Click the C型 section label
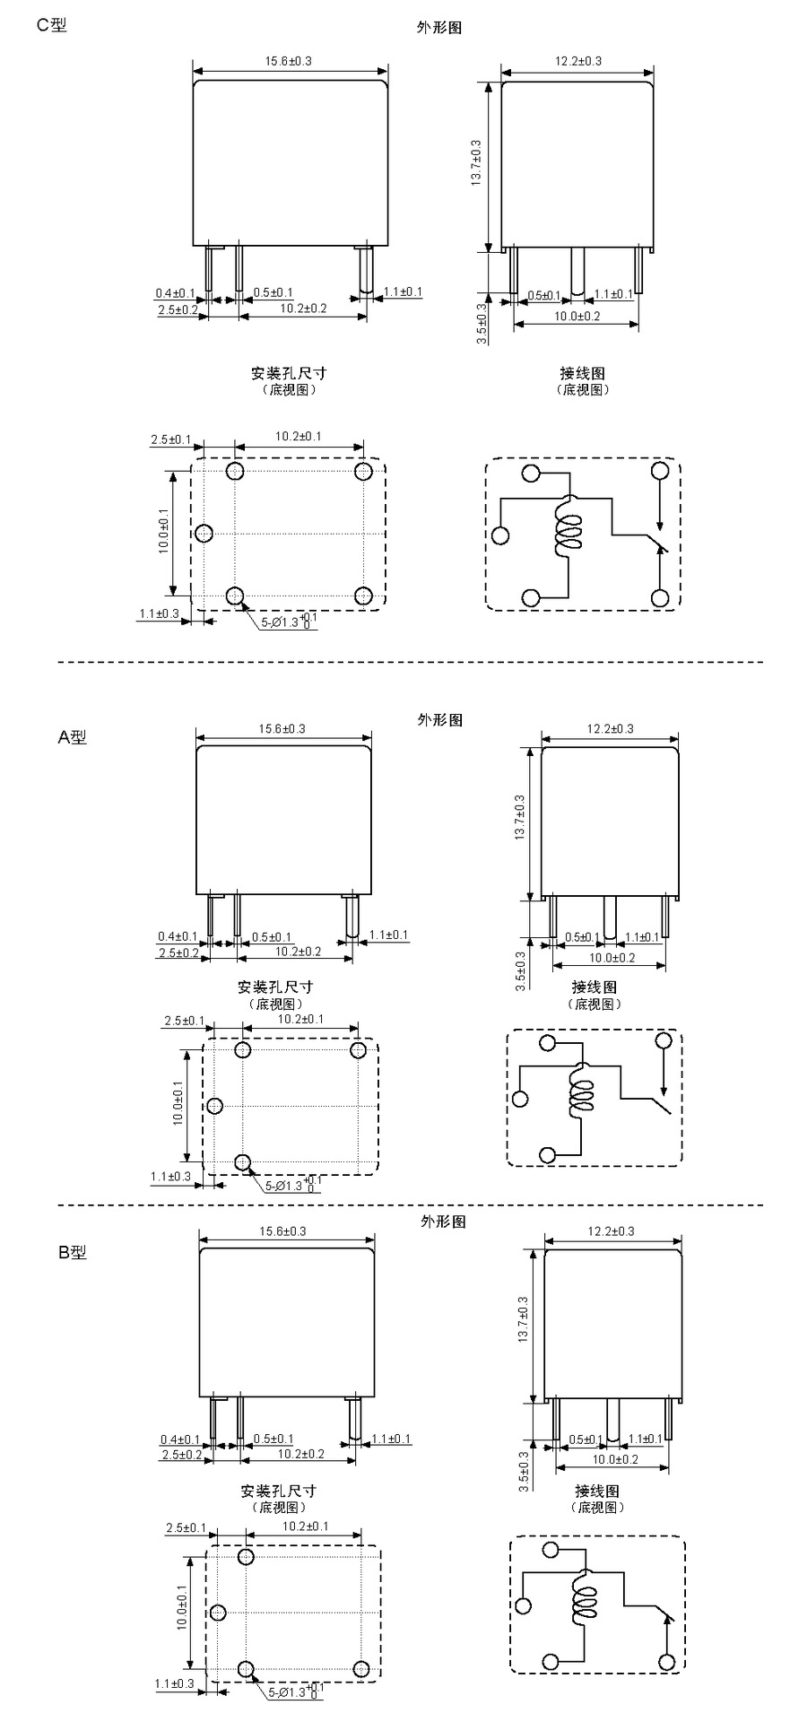pos(51,24)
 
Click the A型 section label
pos(73,737)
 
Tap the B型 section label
pos(73,1252)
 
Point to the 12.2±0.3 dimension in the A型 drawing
pos(610,729)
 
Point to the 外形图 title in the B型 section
pos(442,1221)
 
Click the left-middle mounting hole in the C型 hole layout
pos(204,533)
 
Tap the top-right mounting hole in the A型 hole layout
pos(359,1049)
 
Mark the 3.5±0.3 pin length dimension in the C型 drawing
pos(481,323)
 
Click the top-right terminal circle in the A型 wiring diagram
pos(664,1040)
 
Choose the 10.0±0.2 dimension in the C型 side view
pos(577,317)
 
